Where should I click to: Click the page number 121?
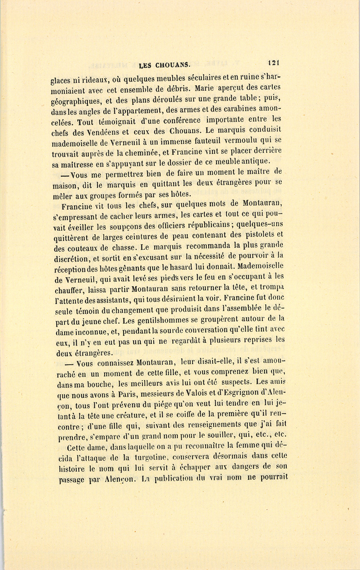[x=273, y=62]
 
